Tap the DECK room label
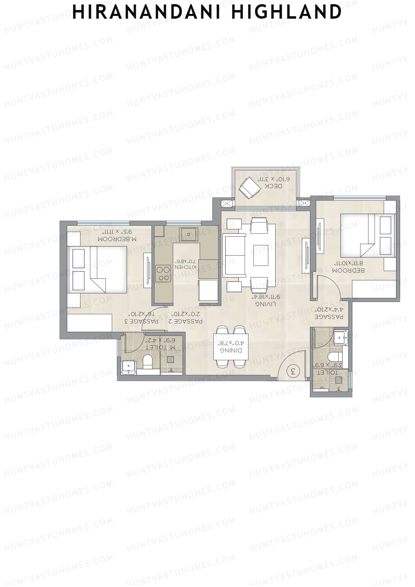coord(274,186)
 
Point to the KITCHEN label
coord(185,267)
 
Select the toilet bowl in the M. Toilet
coord(148,361)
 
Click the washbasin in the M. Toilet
coord(129,367)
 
